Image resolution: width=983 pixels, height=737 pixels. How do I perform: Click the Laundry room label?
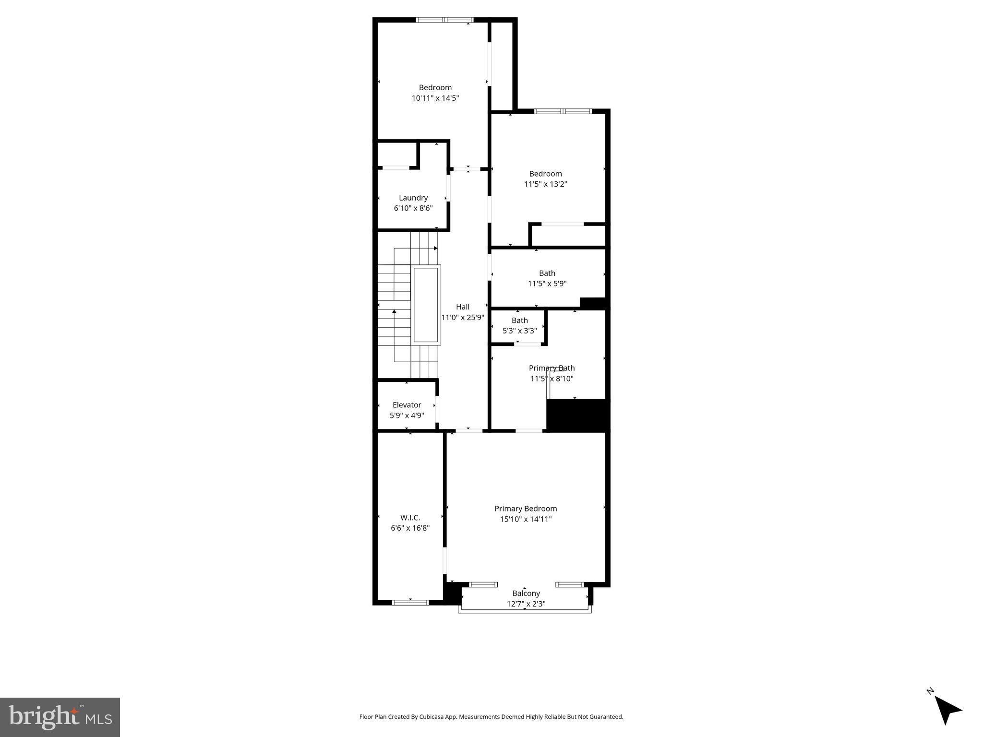pyautogui.click(x=413, y=198)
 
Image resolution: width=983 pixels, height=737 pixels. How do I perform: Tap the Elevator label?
pyautogui.click(x=407, y=405)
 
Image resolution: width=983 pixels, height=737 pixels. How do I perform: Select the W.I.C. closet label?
pyautogui.click(x=410, y=518)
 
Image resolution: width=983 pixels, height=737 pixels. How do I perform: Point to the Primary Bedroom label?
pyautogui.click(x=526, y=509)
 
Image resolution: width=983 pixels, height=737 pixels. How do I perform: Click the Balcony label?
pyautogui.click(x=526, y=594)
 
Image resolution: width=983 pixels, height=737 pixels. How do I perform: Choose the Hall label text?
pyautogui.click(x=463, y=307)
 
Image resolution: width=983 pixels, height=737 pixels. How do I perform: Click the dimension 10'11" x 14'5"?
pyautogui.click(x=435, y=98)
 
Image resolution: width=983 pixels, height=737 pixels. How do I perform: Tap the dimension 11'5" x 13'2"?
pyautogui.click(x=545, y=184)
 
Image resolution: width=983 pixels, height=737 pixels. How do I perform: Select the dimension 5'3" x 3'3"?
pyautogui.click(x=519, y=331)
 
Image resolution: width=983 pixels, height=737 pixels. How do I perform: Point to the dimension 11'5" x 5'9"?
pyautogui.click(x=547, y=284)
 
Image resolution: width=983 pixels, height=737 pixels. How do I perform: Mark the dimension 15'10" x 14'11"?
pyautogui.click(x=526, y=519)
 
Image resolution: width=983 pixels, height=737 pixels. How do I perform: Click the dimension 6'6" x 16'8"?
pyautogui.click(x=410, y=528)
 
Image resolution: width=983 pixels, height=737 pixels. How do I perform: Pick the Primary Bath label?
pyautogui.click(x=551, y=368)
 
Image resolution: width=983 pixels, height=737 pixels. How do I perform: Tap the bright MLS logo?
pyautogui.click(x=60, y=717)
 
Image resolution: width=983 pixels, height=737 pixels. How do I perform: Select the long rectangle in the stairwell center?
pyautogui.click(x=426, y=305)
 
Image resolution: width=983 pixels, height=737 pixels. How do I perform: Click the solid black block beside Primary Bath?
pyautogui.click(x=577, y=415)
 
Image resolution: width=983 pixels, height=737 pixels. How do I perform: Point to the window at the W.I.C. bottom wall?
pyautogui.click(x=410, y=602)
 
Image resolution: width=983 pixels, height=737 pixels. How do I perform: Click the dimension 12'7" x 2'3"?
pyautogui.click(x=526, y=604)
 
